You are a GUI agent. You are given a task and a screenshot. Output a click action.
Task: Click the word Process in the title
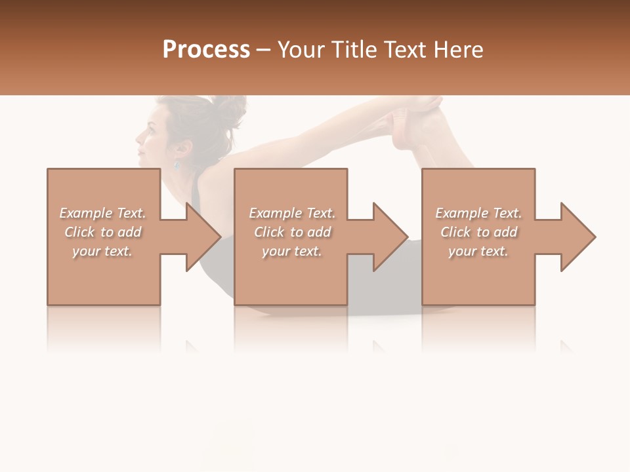click(x=206, y=50)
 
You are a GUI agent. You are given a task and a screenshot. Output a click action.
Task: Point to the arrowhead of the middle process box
click(x=390, y=237)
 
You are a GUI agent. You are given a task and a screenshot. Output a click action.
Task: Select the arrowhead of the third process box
click(x=577, y=237)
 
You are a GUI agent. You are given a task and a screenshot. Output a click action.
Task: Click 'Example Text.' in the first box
click(x=102, y=213)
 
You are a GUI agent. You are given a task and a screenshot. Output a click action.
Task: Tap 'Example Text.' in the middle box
click(x=292, y=213)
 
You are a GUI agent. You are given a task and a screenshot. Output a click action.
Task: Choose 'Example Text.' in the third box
click(x=478, y=213)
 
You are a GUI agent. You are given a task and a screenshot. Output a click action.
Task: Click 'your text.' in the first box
click(x=102, y=251)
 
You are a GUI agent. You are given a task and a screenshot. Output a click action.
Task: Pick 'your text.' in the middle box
click(x=292, y=251)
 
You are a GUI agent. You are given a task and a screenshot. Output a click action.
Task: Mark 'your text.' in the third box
click(x=478, y=251)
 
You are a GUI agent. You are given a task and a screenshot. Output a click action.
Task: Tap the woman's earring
click(x=176, y=165)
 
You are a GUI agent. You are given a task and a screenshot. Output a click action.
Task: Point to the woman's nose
click(x=138, y=138)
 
